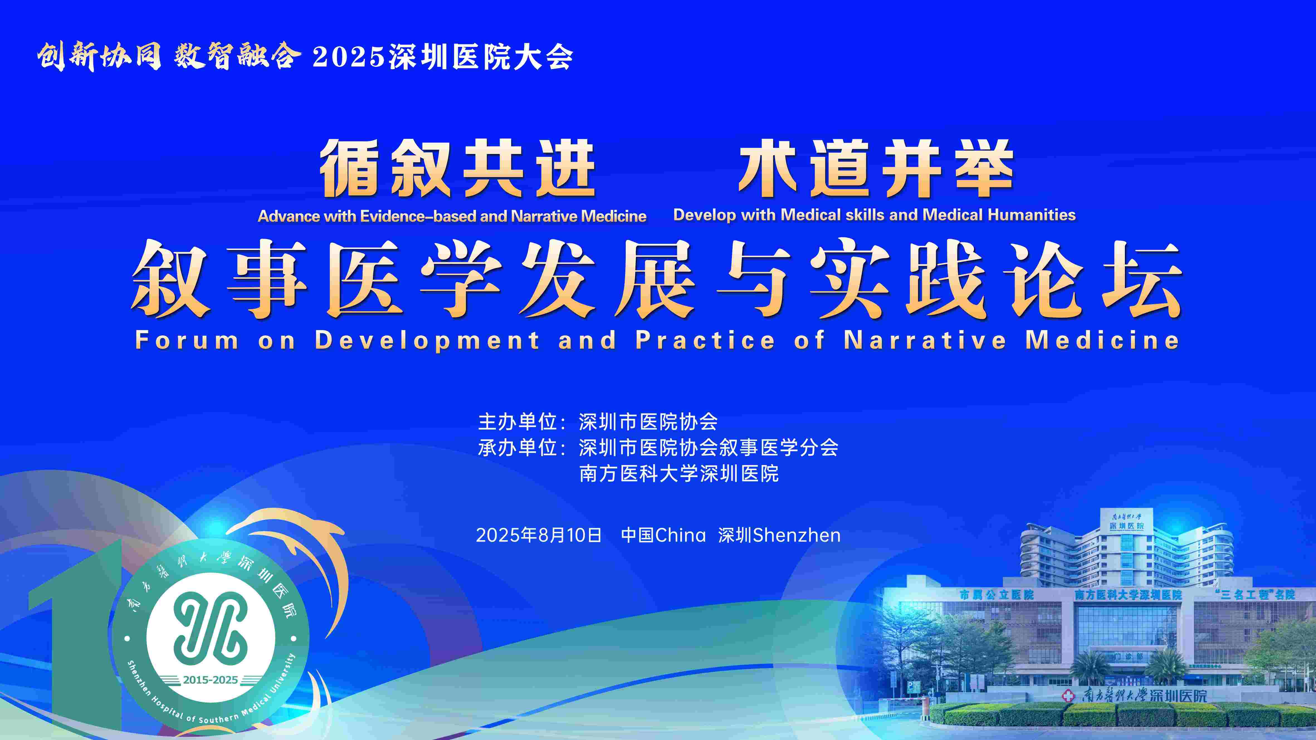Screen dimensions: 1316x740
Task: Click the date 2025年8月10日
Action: point(539,535)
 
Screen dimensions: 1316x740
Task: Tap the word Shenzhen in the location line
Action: point(797,535)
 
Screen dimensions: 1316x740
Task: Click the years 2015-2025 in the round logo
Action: point(211,680)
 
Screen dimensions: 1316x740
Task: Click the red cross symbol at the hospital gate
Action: point(1068,695)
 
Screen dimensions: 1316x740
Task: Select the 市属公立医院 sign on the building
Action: point(996,594)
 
